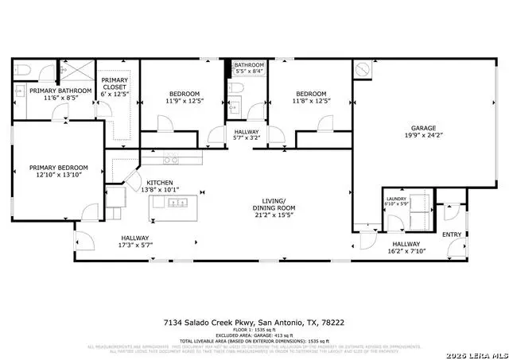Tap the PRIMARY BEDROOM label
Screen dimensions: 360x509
pos(59,168)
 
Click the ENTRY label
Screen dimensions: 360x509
pos(451,234)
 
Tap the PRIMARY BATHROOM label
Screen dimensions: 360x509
pos(59,91)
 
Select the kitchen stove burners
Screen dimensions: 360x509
pos(170,160)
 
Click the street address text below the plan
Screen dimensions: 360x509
pos(254,323)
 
